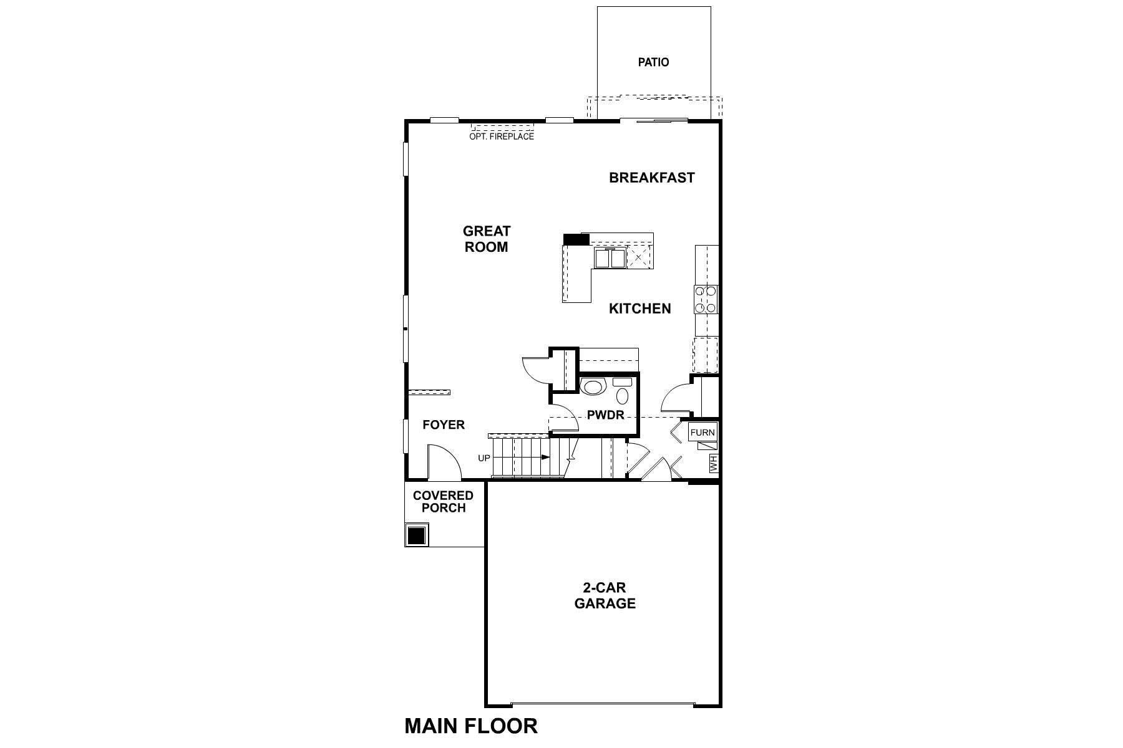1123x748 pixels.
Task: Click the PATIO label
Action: pyautogui.click(x=653, y=62)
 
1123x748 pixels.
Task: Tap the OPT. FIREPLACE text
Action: pyautogui.click(x=502, y=137)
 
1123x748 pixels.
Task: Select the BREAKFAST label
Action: pyautogui.click(x=651, y=178)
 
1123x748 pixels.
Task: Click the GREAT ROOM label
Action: pyautogui.click(x=486, y=239)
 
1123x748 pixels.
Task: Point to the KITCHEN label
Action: pyautogui.click(x=639, y=309)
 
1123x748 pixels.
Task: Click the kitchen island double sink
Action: pyautogui.click(x=610, y=257)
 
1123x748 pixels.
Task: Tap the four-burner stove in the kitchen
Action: pyautogui.click(x=706, y=299)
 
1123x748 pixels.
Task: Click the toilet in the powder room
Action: pyautogui.click(x=623, y=393)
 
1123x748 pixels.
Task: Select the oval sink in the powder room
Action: pyautogui.click(x=592, y=386)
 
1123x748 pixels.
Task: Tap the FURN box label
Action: pyautogui.click(x=702, y=433)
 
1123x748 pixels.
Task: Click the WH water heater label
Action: pyautogui.click(x=714, y=463)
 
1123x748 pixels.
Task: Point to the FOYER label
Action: pyautogui.click(x=444, y=425)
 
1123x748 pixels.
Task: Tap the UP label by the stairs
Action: pyautogui.click(x=484, y=458)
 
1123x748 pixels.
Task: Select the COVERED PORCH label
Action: pyautogui.click(x=443, y=502)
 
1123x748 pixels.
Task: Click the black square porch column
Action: pyautogui.click(x=416, y=535)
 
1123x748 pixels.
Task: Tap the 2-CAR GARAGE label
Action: pyautogui.click(x=605, y=595)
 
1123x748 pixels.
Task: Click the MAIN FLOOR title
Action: pyautogui.click(x=471, y=726)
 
